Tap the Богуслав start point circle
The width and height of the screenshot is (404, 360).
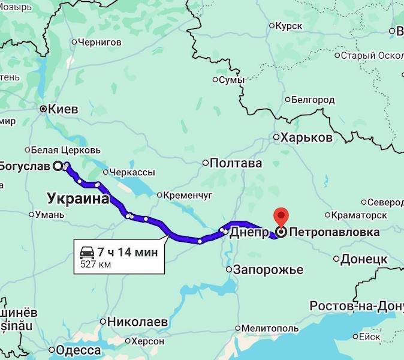click(x=58, y=166)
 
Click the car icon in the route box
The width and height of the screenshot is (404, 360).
click(x=88, y=251)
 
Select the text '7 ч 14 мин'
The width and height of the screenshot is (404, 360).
click(x=128, y=252)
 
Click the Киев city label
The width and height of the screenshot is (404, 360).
click(x=62, y=109)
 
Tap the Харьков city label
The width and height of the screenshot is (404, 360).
click(x=306, y=137)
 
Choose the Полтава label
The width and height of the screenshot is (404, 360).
click(x=236, y=163)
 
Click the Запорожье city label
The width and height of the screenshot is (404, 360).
click(x=268, y=269)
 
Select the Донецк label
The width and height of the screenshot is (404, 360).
click(x=364, y=259)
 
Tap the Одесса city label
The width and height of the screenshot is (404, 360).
click(x=78, y=350)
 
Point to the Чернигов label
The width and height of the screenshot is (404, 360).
click(x=100, y=42)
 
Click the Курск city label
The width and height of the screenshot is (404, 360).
click(x=289, y=26)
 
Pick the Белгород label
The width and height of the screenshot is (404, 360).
click(x=313, y=100)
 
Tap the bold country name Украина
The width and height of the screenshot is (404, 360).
click(x=78, y=199)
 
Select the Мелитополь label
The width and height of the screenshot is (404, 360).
click(x=270, y=328)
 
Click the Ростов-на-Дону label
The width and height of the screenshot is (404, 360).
click(x=356, y=306)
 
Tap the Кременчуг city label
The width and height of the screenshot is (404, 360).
click(x=189, y=195)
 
